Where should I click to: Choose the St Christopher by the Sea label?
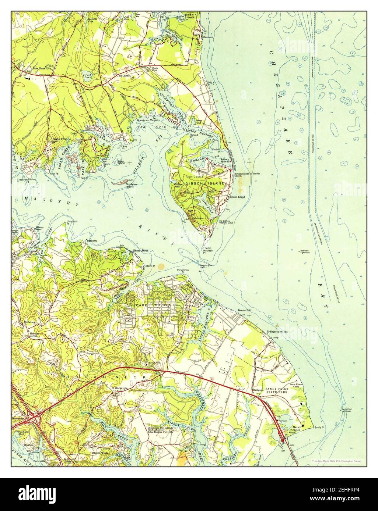coord(247,173)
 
